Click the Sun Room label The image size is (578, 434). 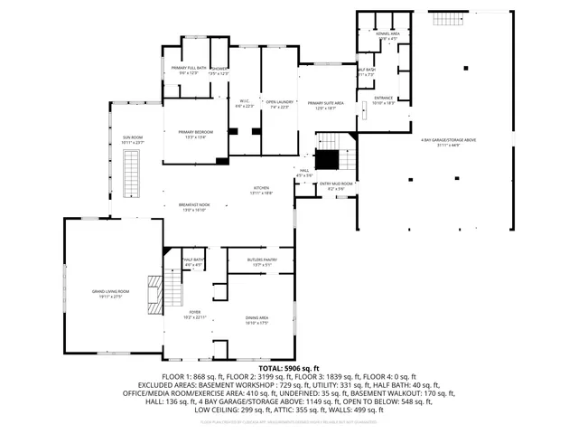[x=133, y=139]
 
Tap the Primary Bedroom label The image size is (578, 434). [x=196, y=134]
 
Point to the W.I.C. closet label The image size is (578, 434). [x=244, y=104]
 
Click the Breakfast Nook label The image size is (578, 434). [x=194, y=207]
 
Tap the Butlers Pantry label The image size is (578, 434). [x=261, y=262]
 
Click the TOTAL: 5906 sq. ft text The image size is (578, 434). [x=289, y=369]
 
